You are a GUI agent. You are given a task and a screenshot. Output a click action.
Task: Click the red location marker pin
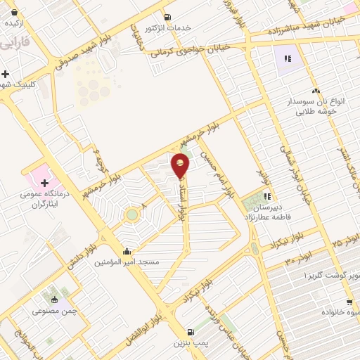tap(181, 165)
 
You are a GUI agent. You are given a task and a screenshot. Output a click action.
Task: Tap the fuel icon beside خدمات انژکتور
tap(167, 18)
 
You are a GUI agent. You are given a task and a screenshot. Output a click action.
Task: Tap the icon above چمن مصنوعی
tap(55, 300)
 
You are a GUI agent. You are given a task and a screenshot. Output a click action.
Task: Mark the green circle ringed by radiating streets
tap(131, 214)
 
